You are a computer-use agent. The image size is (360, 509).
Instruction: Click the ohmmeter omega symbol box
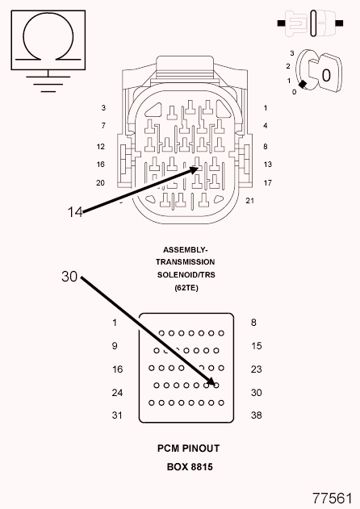(48, 40)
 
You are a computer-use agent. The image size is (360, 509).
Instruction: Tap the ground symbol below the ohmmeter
(48, 84)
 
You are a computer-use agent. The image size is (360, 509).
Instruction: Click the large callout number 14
(75, 212)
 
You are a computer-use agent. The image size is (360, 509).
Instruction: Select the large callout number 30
(69, 277)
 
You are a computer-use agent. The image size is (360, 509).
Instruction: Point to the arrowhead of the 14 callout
(195, 169)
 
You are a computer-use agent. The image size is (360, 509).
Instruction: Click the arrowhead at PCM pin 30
(211, 382)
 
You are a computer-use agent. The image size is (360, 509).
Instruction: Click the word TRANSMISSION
(185, 262)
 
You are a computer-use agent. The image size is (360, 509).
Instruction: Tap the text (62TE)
(186, 288)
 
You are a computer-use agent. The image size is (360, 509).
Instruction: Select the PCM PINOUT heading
(188, 449)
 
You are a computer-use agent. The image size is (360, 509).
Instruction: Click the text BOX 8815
(190, 467)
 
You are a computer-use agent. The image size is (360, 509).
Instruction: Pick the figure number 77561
(332, 498)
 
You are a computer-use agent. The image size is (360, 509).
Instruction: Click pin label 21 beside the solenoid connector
(249, 201)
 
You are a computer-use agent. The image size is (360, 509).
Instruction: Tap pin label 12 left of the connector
(101, 146)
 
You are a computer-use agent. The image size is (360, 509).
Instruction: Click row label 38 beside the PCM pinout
(257, 415)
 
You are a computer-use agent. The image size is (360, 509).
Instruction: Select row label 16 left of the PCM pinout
(117, 369)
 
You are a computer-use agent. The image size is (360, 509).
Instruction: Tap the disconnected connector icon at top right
(310, 23)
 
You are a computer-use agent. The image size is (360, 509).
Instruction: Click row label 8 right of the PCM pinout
(253, 323)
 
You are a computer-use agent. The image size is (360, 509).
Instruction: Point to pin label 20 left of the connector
(100, 183)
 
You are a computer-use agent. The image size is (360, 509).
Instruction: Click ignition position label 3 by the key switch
(291, 53)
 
